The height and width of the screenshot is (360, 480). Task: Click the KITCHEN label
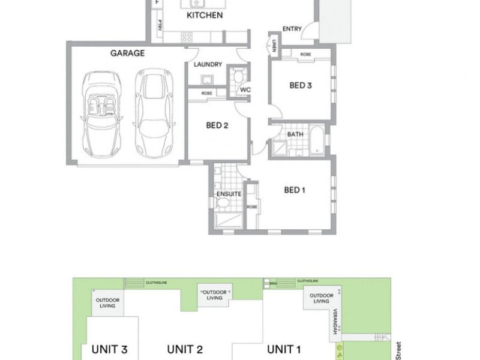[205, 15]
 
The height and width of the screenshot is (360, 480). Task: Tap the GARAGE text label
[127, 53]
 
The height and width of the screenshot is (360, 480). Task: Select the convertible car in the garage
[100, 112]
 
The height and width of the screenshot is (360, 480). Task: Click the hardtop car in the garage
[152, 112]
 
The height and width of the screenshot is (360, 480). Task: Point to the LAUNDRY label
[208, 64]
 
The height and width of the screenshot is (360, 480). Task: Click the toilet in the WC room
[238, 77]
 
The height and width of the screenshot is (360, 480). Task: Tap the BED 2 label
[217, 125]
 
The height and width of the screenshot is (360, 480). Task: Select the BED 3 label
[301, 85]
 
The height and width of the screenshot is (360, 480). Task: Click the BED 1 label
[295, 190]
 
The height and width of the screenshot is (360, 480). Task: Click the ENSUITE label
[229, 194]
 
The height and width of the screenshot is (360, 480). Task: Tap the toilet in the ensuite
[223, 206]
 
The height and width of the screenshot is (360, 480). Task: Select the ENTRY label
[292, 28]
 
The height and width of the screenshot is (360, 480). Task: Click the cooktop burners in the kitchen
[187, 37]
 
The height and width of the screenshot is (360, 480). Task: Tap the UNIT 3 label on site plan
[109, 349]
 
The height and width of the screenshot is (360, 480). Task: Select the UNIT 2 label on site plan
[185, 349]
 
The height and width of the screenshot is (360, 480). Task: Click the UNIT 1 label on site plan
[284, 349]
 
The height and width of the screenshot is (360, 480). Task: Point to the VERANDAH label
[336, 319]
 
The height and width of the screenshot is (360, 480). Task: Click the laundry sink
[207, 79]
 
